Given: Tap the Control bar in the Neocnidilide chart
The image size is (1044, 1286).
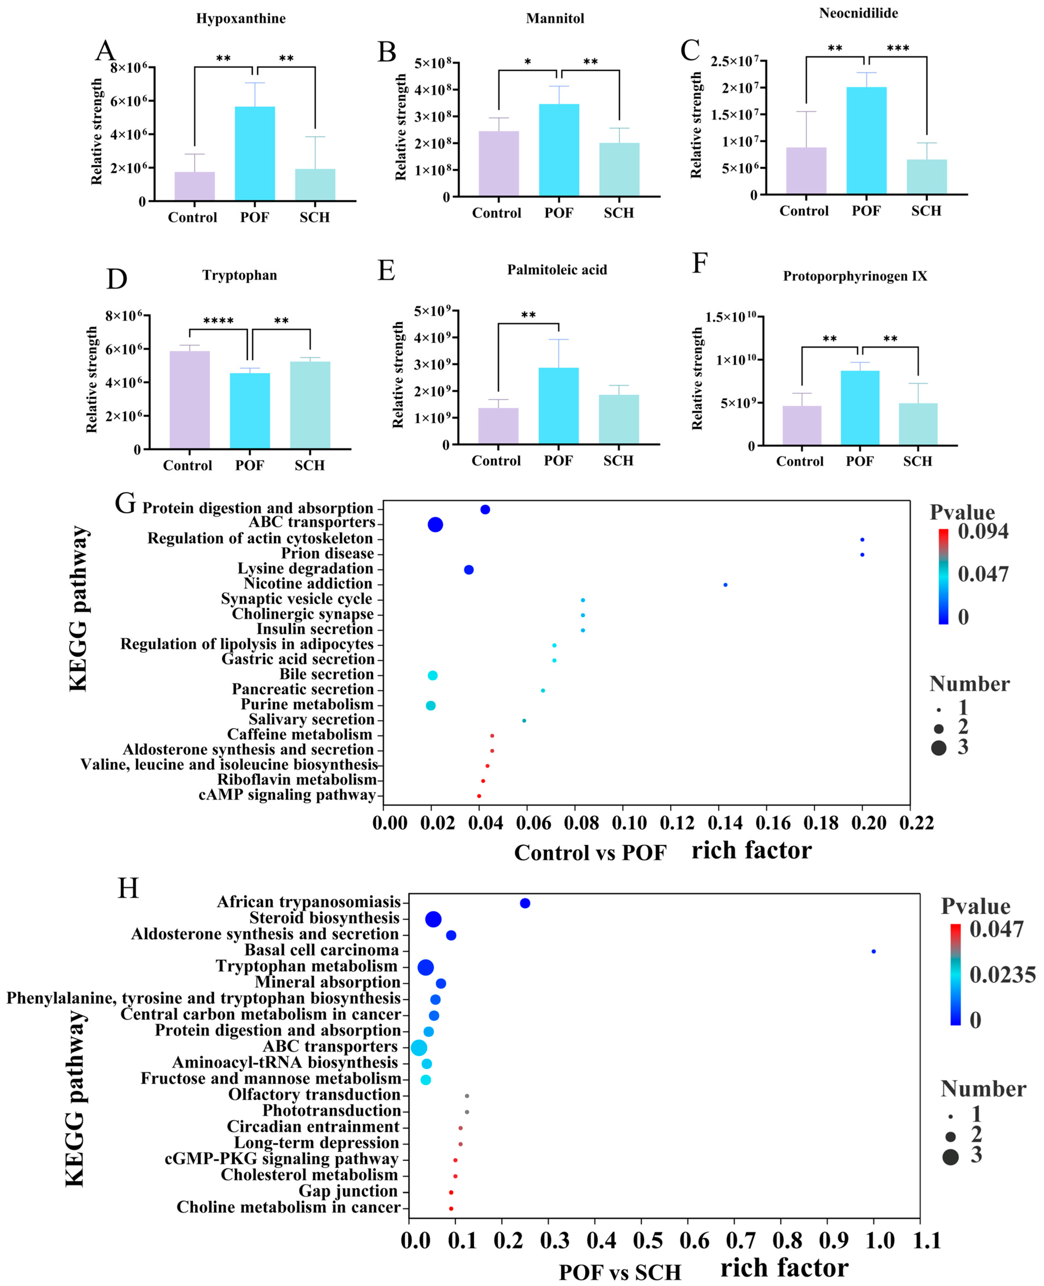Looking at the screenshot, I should (x=806, y=171).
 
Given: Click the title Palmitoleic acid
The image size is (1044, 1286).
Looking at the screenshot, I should (x=557, y=270).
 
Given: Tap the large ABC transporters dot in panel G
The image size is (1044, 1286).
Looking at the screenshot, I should (x=436, y=525).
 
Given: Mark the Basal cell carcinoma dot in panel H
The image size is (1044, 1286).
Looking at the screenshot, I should (x=873, y=951).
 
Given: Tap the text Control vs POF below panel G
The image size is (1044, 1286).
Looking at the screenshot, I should (x=590, y=853).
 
